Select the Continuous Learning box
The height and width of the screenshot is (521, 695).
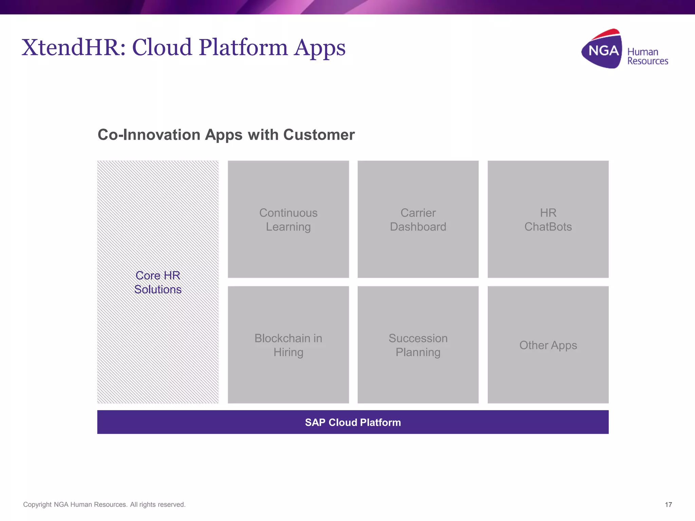(288, 219)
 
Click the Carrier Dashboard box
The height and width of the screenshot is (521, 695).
(418, 219)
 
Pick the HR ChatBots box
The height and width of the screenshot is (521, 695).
(548, 219)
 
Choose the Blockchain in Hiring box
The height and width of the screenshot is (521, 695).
(288, 345)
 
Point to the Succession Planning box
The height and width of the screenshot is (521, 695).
(418, 345)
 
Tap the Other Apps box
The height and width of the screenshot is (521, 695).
(548, 345)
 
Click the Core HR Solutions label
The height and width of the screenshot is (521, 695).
(158, 282)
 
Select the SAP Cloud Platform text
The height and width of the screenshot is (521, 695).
(353, 422)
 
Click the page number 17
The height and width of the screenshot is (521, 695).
(668, 505)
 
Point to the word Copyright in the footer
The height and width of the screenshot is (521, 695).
(37, 505)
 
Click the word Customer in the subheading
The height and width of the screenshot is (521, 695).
(319, 135)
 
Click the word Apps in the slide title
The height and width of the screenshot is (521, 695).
(320, 47)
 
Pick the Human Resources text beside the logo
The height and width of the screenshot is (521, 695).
(647, 56)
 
